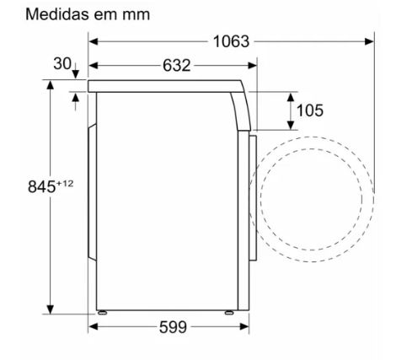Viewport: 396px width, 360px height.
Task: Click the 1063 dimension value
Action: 231,41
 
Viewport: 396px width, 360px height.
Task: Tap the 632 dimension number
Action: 177,66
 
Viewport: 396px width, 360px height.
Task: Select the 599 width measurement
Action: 173,327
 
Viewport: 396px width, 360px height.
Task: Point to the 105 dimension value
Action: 310,110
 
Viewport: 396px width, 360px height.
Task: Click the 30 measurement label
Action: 62,63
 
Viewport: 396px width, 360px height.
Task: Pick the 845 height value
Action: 42,186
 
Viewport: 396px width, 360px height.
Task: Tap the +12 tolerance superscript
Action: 65,184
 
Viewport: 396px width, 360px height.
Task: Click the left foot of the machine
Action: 102,313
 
